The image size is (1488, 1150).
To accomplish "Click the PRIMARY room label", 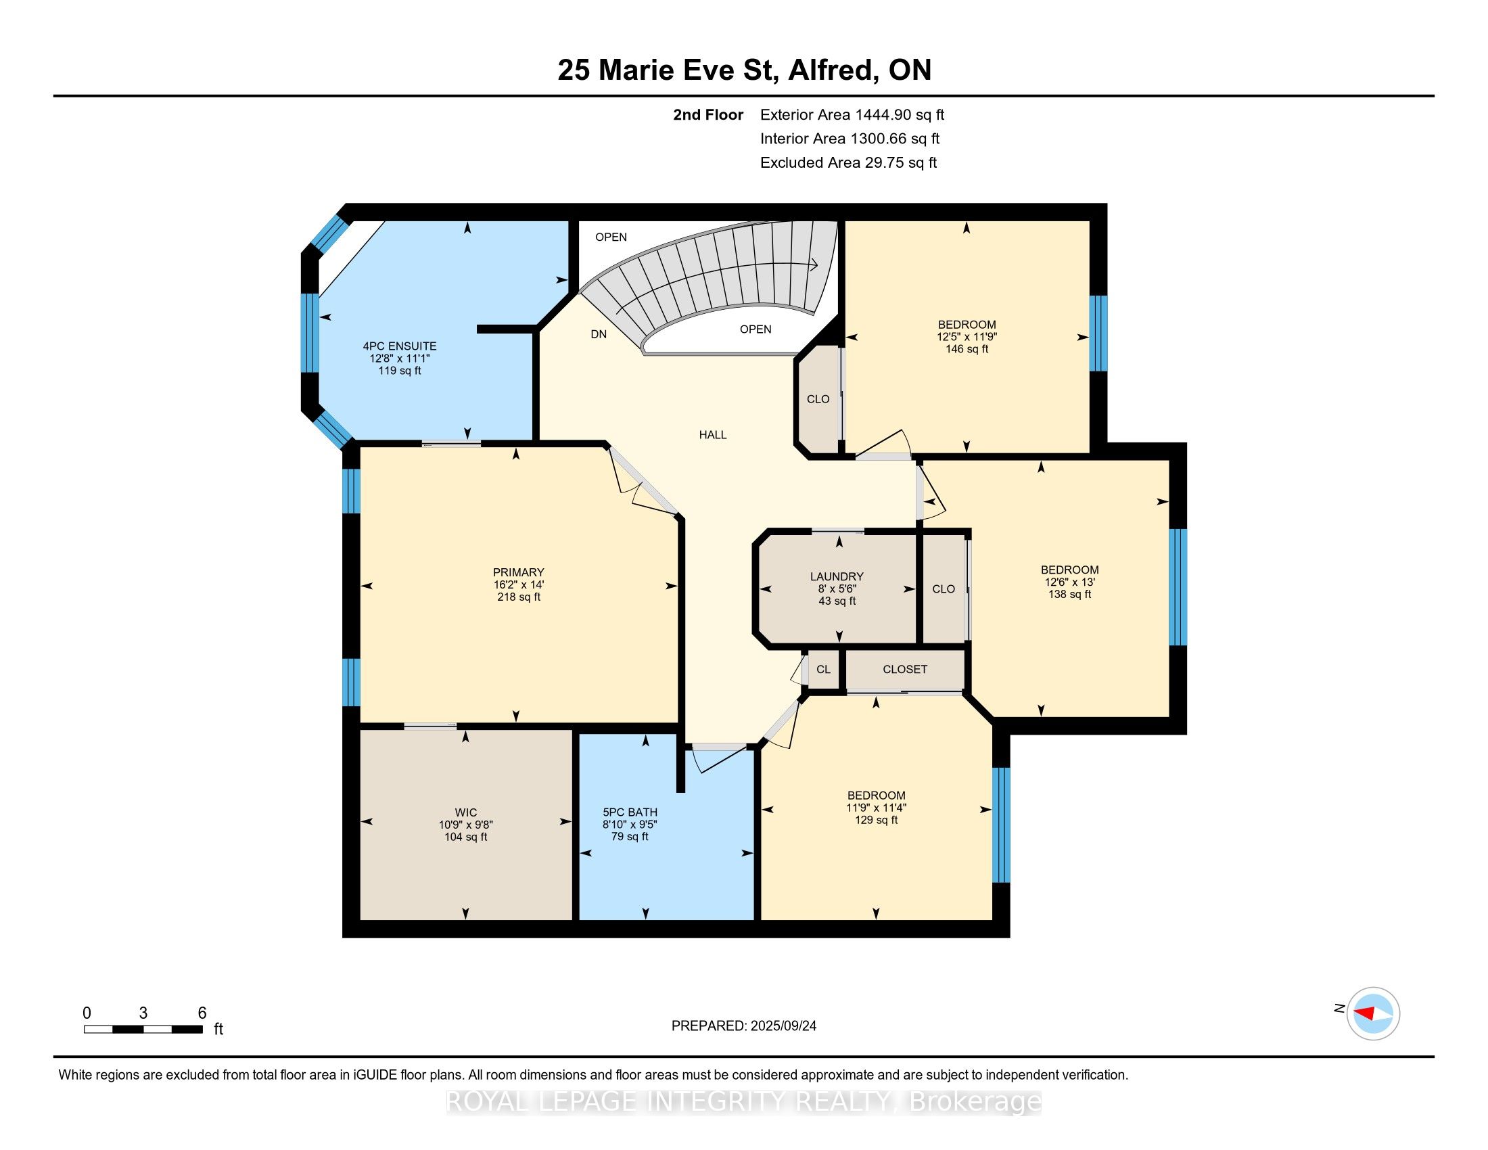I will click(519, 572).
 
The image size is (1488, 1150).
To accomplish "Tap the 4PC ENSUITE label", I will click(399, 346).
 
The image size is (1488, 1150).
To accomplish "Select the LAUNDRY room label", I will click(837, 576).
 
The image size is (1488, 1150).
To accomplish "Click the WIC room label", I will click(465, 812).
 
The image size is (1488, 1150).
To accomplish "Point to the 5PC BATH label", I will click(630, 812).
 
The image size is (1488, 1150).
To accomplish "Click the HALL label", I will click(713, 435).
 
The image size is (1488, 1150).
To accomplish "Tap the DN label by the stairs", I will click(598, 334).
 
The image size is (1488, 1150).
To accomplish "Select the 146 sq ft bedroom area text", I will click(966, 349).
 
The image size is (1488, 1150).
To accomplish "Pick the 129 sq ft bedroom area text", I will click(875, 820).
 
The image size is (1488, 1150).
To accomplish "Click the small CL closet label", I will click(823, 669).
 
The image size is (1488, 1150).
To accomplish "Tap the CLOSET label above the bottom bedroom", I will click(904, 669).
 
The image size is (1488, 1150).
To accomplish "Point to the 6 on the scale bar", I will click(202, 1013).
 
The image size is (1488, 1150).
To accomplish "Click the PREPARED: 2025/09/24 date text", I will click(743, 1026).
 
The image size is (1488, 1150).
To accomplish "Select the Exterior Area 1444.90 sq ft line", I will click(852, 114).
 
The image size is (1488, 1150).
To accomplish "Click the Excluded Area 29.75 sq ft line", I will click(848, 162).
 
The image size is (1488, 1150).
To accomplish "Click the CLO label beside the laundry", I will click(943, 589).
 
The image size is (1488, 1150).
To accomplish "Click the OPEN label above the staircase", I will click(611, 237).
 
